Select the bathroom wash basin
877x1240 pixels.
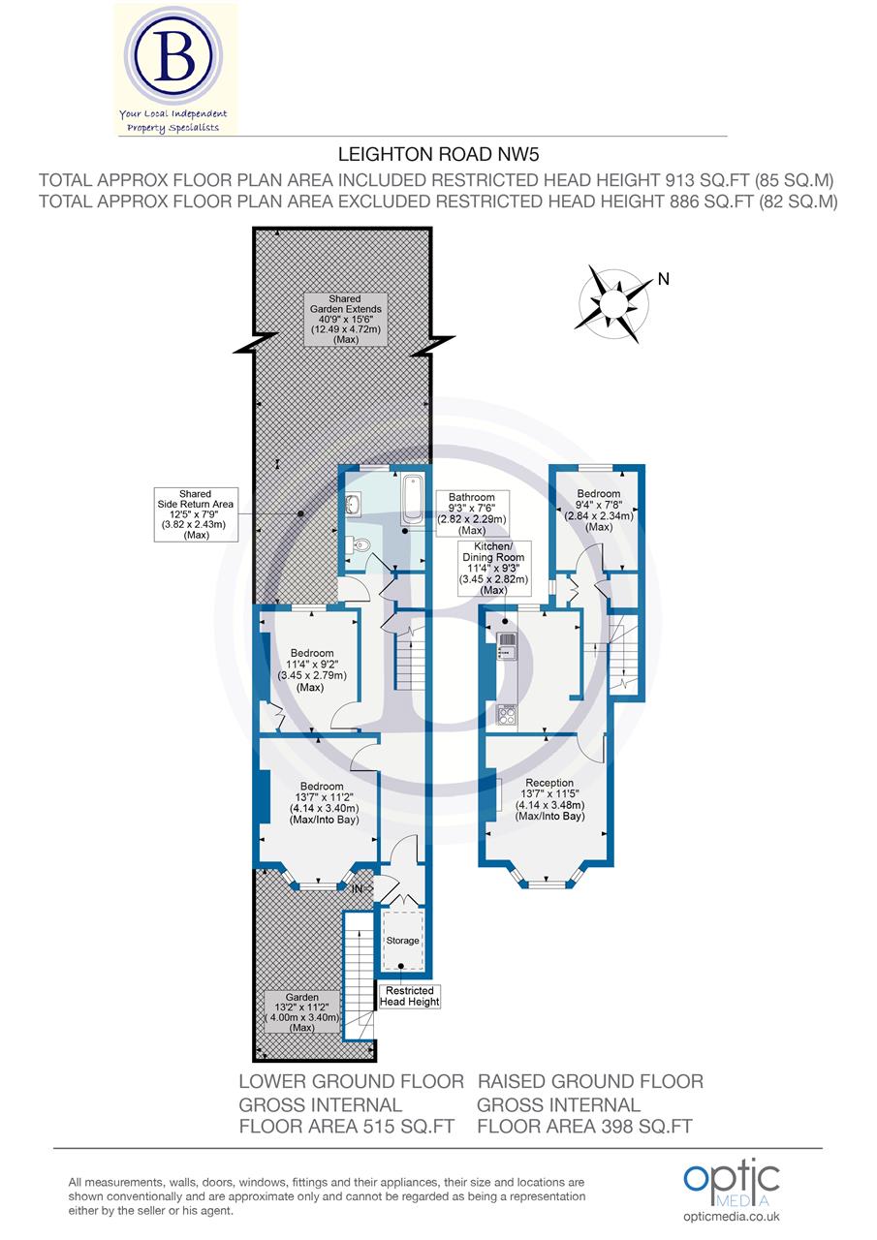[354, 504]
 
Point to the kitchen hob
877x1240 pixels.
[507, 715]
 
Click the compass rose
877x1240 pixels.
[615, 304]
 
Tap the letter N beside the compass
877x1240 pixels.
[663, 279]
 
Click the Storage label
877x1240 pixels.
[403, 941]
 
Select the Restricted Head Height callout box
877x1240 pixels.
[412, 996]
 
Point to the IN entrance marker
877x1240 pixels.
[358, 887]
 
